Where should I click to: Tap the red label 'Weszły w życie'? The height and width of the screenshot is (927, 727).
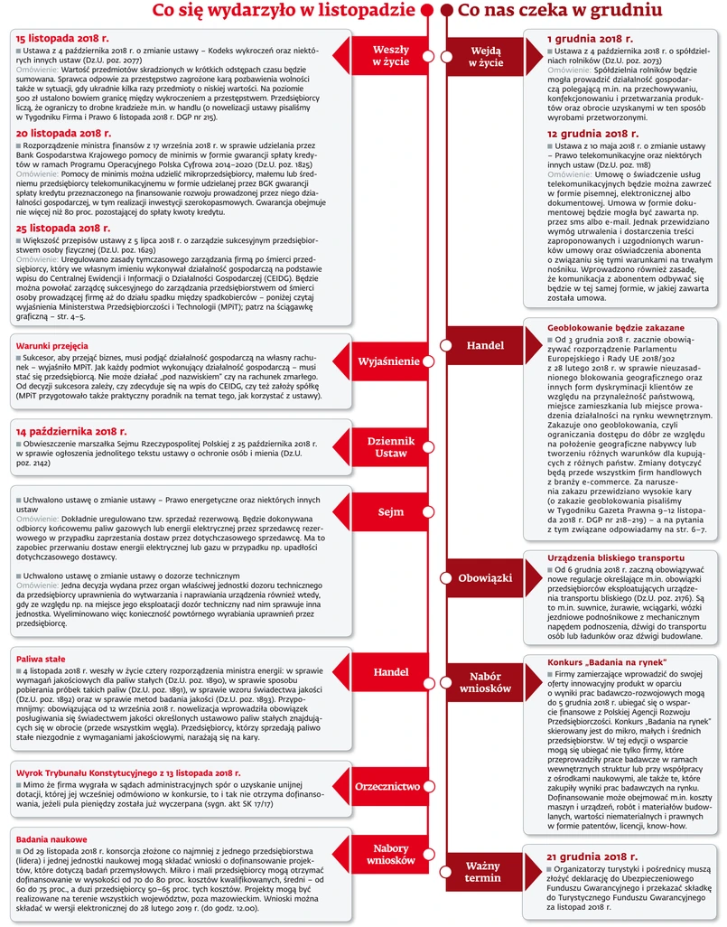click(390, 56)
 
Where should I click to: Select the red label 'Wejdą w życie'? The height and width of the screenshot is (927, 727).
click(485, 56)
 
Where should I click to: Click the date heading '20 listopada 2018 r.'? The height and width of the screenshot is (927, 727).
click(61, 133)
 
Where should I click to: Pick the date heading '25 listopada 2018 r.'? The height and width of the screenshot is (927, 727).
click(61, 229)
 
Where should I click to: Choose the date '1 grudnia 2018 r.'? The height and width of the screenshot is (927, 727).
click(592, 41)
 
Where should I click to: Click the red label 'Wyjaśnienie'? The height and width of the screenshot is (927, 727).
click(388, 361)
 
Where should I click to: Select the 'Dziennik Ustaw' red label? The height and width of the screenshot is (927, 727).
click(390, 447)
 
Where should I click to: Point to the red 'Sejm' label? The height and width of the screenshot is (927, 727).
click(390, 512)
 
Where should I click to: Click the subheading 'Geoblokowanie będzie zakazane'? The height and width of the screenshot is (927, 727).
click(616, 327)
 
